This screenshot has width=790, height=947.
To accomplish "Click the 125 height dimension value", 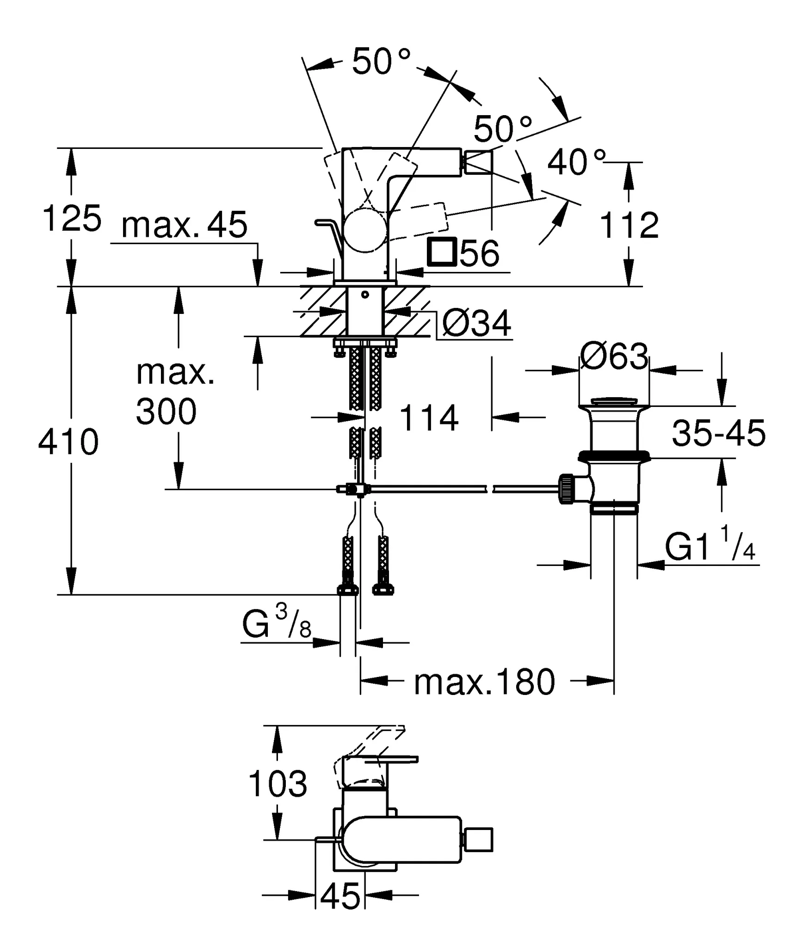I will (x=72, y=218).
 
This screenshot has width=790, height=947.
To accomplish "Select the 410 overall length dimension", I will (x=68, y=442).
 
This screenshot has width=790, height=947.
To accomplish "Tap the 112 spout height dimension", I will (x=629, y=226).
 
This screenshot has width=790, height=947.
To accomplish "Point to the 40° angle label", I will (x=576, y=162).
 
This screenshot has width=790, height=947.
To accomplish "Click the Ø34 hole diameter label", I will (x=476, y=323).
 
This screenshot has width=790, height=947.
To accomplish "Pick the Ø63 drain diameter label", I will (x=614, y=357).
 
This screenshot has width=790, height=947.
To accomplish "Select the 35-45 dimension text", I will (x=718, y=433).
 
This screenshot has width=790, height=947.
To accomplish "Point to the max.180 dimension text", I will (x=484, y=682).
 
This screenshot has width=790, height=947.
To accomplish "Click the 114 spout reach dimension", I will (x=429, y=418).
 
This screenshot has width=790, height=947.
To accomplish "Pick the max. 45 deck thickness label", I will (x=185, y=225).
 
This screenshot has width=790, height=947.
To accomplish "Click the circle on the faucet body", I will (x=365, y=231).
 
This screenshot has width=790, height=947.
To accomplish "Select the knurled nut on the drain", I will (x=567, y=489).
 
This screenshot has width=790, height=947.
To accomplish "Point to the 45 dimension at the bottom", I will (x=340, y=896).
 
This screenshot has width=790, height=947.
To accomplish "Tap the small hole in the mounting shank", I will (x=365, y=294).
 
